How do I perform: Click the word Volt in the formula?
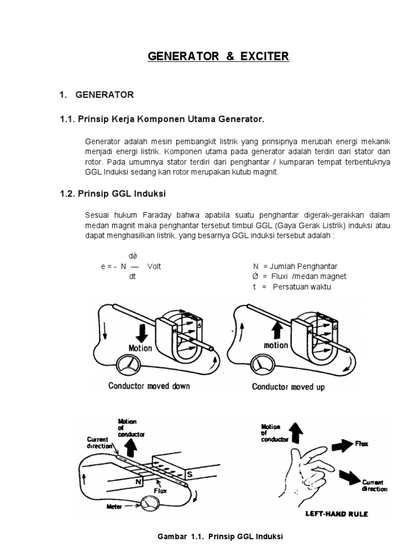coord(155,266)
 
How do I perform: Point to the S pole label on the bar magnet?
coord(189,475)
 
